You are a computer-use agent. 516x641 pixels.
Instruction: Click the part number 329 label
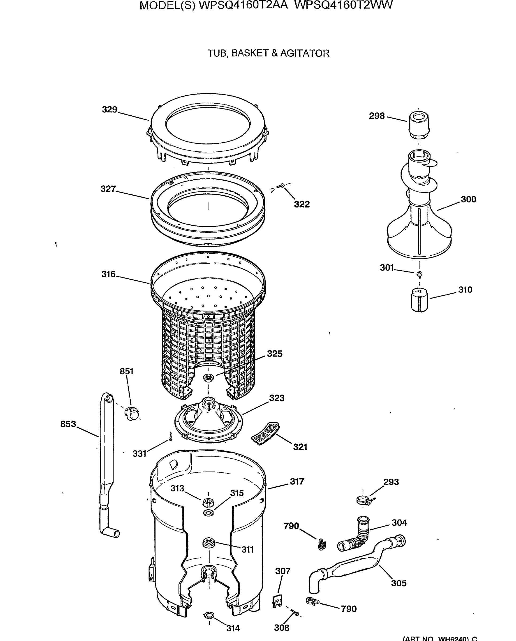point(110,110)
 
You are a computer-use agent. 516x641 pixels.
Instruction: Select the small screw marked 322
point(281,186)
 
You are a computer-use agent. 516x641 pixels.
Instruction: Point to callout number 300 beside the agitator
point(468,199)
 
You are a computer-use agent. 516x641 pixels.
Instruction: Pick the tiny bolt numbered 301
point(420,274)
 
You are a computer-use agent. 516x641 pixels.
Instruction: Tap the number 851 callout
point(126,371)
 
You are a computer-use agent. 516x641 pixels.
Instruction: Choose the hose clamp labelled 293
point(364,501)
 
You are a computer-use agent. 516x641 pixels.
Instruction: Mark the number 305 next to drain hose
point(398,583)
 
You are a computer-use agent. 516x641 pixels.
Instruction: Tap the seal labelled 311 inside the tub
point(209,542)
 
